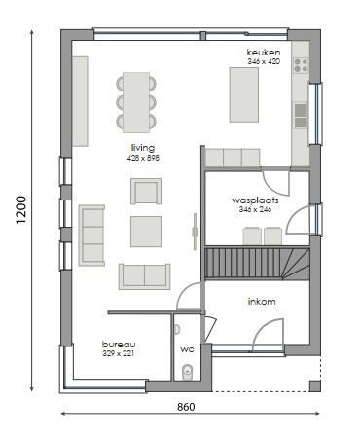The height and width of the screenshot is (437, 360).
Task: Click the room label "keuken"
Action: pyautogui.click(x=263, y=52)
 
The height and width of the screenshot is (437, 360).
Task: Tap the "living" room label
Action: pyautogui.click(x=143, y=147)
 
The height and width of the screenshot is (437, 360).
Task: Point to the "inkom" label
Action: pyautogui.click(x=262, y=301)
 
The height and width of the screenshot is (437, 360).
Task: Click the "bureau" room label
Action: pyautogui.click(x=120, y=345)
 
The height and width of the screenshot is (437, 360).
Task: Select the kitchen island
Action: pyautogui.click(x=243, y=93)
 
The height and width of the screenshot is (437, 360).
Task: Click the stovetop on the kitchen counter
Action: pyautogui.click(x=301, y=67)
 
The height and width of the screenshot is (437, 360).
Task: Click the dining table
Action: pyautogui.click(x=137, y=101)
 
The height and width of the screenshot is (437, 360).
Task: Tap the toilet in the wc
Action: pyautogui.click(x=188, y=371)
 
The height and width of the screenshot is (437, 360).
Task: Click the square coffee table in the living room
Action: pyautogui.click(x=148, y=231)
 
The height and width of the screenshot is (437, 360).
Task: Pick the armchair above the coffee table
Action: pyautogui.click(x=146, y=191)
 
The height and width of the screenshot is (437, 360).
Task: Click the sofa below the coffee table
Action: pyautogui.click(x=145, y=275)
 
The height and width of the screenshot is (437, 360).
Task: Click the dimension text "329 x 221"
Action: pyautogui.click(x=119, y=354)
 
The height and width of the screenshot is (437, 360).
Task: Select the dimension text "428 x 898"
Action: pyautogui.click(x=144, y=157)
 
